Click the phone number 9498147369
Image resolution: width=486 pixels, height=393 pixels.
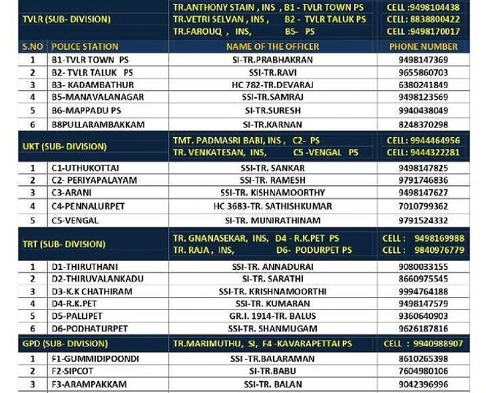[423, 60]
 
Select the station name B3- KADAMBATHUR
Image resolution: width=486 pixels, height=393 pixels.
[93, 85]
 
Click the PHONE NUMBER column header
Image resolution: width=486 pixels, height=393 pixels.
[423, 47]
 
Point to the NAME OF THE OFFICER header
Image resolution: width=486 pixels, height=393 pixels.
[272, 47]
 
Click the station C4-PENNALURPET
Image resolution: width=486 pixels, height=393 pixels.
[88, 206]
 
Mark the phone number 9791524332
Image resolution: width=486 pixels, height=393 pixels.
[423, 221]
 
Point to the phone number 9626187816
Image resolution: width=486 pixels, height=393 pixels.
[423, 328]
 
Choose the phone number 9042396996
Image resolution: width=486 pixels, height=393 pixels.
[423, 384]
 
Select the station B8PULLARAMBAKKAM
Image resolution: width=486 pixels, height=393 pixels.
[97, 124]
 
